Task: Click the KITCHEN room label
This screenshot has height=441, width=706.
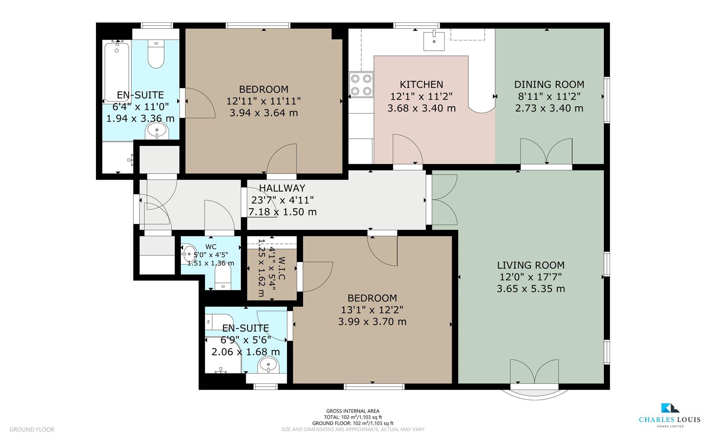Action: click(x=421, y=85)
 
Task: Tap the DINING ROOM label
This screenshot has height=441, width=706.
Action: click(x=549, y=85)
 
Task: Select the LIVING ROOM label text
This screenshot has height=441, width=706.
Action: click(x=530, y=265)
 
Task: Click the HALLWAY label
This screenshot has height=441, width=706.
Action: click(x=282, y=188)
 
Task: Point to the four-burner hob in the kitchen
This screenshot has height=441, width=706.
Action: click(x=361, y=85)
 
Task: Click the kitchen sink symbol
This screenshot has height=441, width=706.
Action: click(x=434, y=40)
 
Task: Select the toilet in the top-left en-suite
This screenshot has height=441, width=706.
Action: click(x=156, y=55)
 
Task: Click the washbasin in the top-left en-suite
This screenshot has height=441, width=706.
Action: click(x=157, y=131)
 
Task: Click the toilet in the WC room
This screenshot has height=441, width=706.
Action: click(x=223, y=278)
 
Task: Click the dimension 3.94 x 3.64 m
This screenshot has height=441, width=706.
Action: click(x=263, y=113)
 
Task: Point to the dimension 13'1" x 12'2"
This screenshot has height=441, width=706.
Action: click(x=372, y=310)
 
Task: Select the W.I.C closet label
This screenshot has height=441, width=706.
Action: click(x=282, y=268)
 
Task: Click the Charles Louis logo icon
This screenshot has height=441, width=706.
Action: click(x=670, y=408)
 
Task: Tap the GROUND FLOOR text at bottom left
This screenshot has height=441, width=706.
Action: click(x=32, y=430)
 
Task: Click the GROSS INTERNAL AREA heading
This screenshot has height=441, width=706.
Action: click(x=353, y=411)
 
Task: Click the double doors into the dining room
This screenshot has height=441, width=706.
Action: click(x=546, y=152)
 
